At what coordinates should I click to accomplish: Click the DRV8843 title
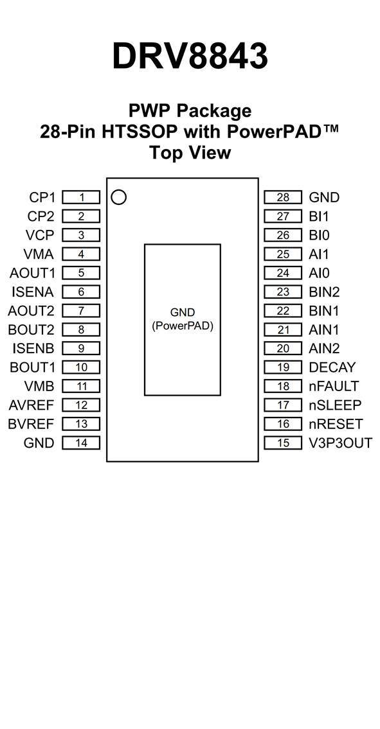190,57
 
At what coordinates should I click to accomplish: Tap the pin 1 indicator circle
119,197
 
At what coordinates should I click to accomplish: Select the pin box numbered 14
81,443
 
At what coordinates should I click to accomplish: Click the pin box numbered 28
283,197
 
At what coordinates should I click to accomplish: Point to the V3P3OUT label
340,443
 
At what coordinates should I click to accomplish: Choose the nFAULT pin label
334,387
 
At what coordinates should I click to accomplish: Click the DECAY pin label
332,367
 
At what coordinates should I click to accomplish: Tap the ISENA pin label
33,292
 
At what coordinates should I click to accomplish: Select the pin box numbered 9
81,348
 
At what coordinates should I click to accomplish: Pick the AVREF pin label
32,405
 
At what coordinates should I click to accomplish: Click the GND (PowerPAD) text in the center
183,319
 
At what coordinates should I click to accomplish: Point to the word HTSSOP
140,132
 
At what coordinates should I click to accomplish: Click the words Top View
190,152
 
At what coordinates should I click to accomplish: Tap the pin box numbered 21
283,329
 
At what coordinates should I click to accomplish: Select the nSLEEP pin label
335,405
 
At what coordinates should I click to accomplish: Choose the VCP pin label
40,235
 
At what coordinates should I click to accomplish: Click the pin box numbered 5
81,273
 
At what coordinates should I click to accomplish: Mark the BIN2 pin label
324,292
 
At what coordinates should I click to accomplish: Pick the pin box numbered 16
283,424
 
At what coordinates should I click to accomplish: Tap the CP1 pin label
42,198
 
